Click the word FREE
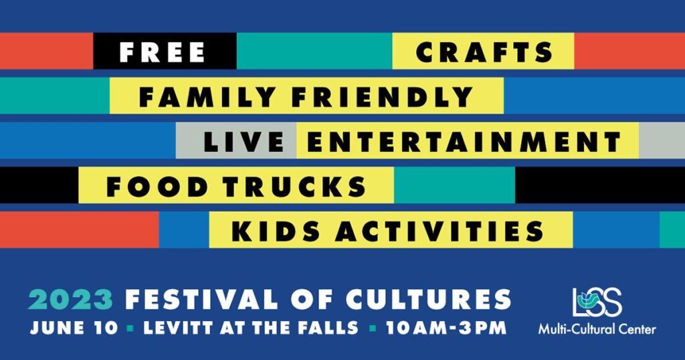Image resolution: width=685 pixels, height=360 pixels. (162, 52)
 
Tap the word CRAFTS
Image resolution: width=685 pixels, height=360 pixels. (484, 52)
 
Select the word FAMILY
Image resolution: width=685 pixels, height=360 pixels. (207, 96)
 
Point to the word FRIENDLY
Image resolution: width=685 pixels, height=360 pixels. (382, 96)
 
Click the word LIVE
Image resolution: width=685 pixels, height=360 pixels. (244, 142)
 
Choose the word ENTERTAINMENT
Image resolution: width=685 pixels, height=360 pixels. (464, 142)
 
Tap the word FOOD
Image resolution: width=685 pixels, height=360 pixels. (157, 187)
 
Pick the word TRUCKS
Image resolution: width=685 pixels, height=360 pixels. (295, 187)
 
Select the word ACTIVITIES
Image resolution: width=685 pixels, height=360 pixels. (439, 231)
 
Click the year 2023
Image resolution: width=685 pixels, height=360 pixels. (71, 300)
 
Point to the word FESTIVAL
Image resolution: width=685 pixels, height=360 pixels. (201, 300)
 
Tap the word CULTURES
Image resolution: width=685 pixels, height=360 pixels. (428, 300)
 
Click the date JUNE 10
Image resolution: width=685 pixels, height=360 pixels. (74, 328)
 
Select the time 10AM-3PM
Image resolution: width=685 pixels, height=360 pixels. (446, 328)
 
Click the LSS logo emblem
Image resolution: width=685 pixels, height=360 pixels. (597, 302)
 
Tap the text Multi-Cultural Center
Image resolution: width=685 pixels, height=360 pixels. (597, 329)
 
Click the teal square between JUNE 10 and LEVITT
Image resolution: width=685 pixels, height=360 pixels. (130, 329)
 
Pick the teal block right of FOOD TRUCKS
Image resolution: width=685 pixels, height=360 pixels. (454, 185)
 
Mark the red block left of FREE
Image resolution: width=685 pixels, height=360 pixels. (46, 51)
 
